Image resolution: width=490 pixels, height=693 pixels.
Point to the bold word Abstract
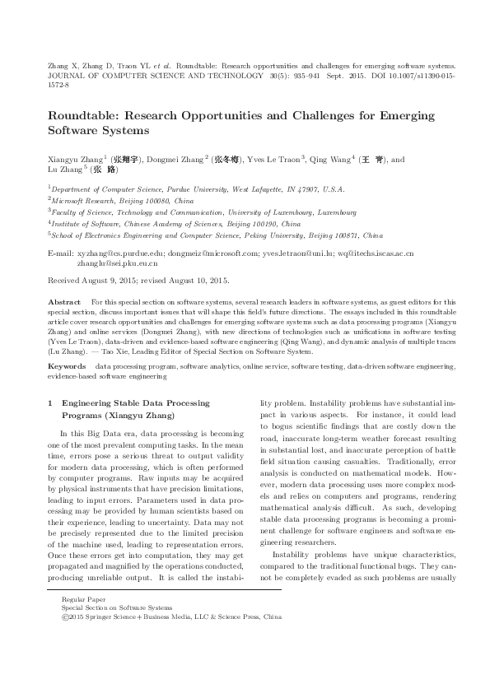tap(64, 302)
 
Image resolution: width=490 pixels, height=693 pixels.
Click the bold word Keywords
tap(68, 364)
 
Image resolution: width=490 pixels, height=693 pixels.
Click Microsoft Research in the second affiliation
tap(82, 200)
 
